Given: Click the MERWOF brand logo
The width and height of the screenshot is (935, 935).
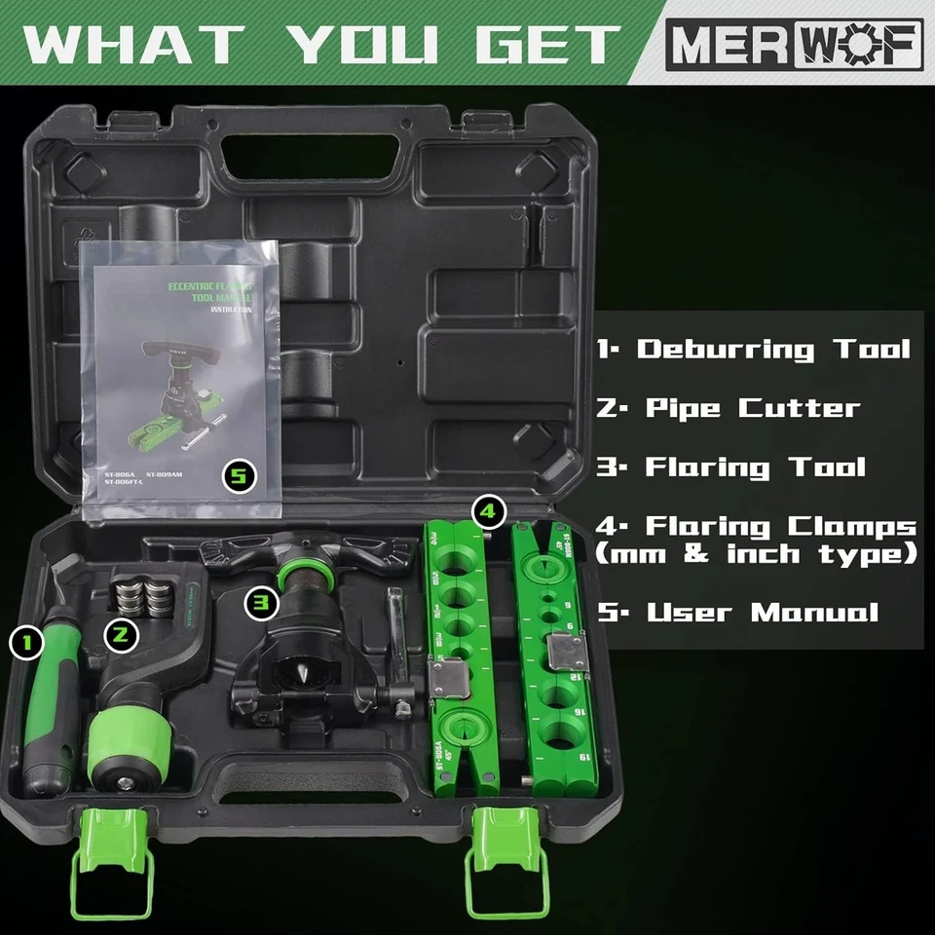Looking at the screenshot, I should click(794, 44).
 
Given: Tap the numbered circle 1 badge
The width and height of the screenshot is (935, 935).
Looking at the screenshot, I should click(26, 642).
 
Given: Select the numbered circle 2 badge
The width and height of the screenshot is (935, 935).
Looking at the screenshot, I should click(121, 633).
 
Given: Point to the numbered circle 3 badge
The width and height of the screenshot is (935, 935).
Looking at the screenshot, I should click(259, 602).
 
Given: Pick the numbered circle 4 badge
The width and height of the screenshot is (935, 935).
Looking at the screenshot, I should click(488, 509).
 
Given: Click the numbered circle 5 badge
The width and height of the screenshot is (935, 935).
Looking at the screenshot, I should click(238, 477).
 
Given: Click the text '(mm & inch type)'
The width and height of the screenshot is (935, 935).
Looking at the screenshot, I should click(756, 555).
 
